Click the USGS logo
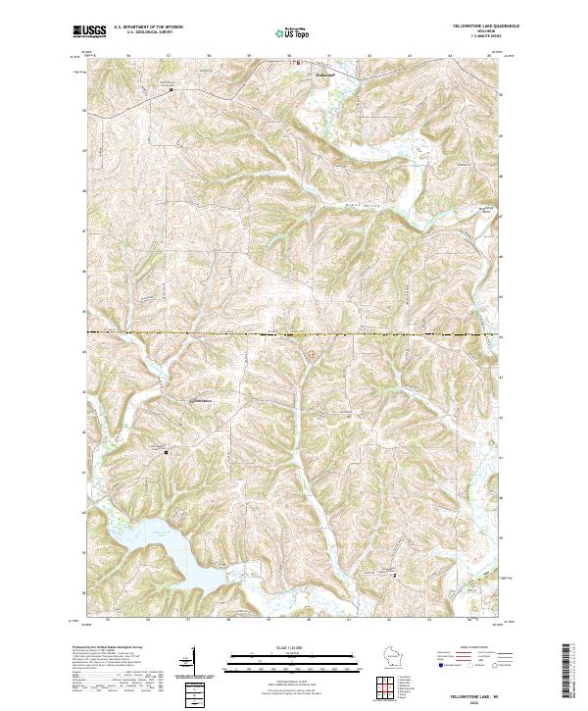tap(90, 31)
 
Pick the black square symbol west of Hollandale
tap(171, 90)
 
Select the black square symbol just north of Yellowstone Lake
tap(166, 452)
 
